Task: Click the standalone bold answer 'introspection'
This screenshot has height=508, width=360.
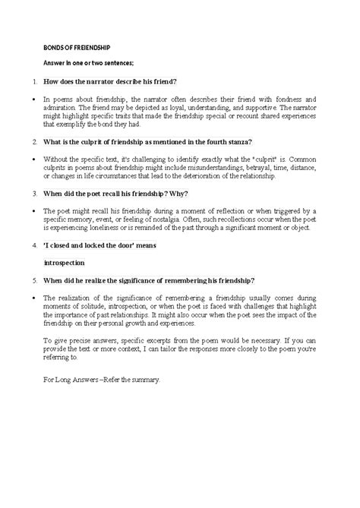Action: point(65,263)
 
